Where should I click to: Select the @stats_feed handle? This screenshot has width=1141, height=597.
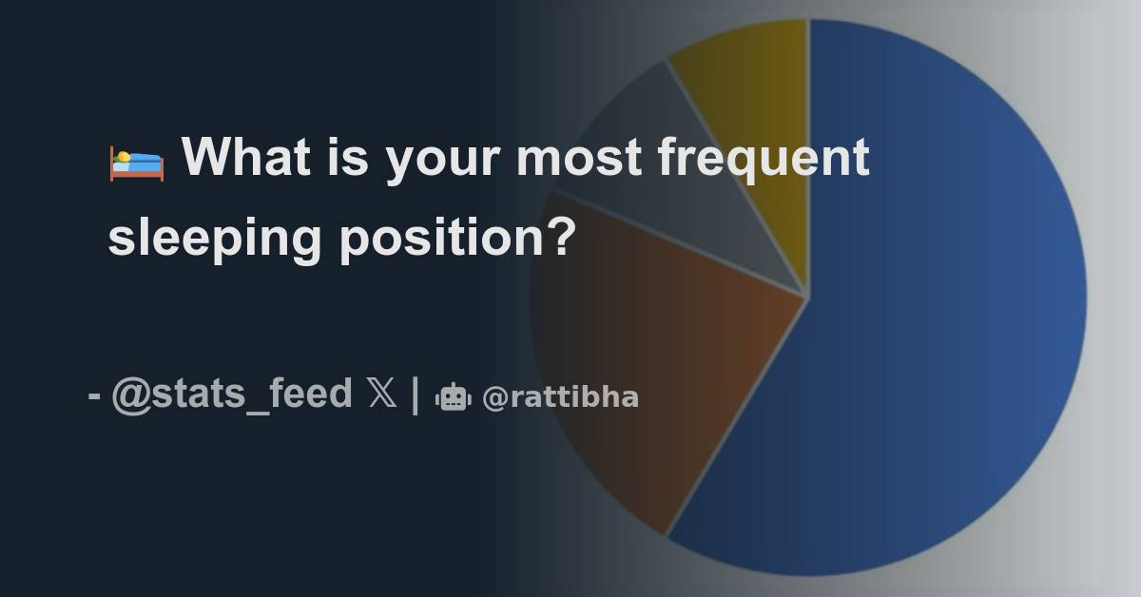tap(232, 394)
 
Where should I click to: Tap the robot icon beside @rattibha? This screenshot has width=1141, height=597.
tap(454, 397)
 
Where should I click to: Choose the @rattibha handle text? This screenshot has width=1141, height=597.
tap(560, 397)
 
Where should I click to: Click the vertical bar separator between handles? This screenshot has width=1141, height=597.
tap(416, 395)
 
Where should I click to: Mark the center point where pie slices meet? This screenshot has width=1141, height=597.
tap(808, 297)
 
